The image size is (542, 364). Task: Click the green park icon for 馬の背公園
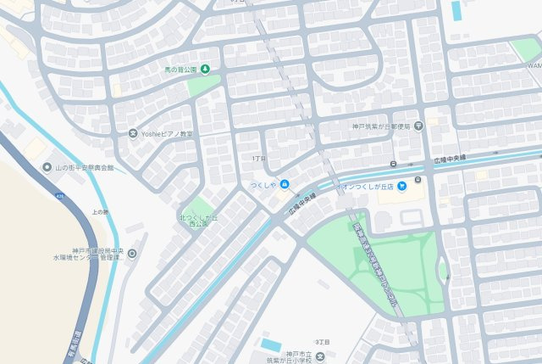tap(204, 69)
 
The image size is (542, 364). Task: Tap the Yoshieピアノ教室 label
tap(167, 133)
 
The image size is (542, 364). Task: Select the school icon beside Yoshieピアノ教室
tap(132, 133)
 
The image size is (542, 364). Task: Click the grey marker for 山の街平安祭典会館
tap(47, 168)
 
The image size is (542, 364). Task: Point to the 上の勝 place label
tap(100, 212)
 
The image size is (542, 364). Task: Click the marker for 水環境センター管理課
tap(131, 253)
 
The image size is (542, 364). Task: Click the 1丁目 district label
tap(258, 159)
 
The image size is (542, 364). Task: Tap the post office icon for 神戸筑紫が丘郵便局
tap(418, 126)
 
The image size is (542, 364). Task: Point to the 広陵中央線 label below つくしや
tap(301, 201)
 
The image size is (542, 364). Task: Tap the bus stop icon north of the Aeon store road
tap(393, 164)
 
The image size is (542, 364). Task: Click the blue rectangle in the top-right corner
tap(456, 10)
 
